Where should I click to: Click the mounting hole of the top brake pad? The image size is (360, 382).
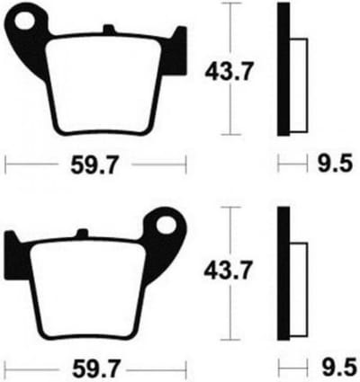click(x=24, y=21)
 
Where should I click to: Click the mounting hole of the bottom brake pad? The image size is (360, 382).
click(x=166, y=225)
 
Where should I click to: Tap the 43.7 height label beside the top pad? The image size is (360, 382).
click(x=229, y=71)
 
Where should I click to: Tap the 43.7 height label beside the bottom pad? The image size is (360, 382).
click(x=227, y=271)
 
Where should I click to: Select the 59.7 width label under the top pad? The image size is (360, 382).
click(x=94, y=164)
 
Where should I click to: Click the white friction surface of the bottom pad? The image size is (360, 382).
click(x=89, y=290)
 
